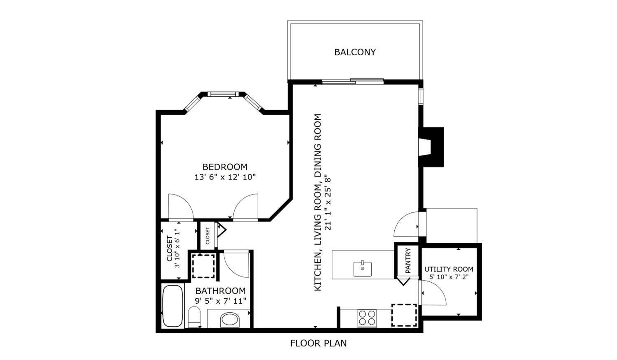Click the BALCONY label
tap(355, 52)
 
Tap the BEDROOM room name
tap(225, 167)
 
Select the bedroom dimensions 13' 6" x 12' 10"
tap(225, 177)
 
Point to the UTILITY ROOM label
tap(449, 269)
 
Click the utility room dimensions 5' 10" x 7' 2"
tap(449, 277)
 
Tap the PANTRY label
tap(408, 261)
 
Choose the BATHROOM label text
tap(220, 290)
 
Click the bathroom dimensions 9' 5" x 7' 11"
tap(220, 301)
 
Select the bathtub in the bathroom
tap(173, 306)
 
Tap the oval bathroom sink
tap(230, 320)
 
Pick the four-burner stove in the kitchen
tap(367, 318)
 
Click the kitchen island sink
tap(363, 269)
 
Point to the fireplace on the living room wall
tap(431, 147)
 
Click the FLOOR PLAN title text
tap(319, 343)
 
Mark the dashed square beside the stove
tap(404, 315)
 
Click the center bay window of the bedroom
tap(223, 94)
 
